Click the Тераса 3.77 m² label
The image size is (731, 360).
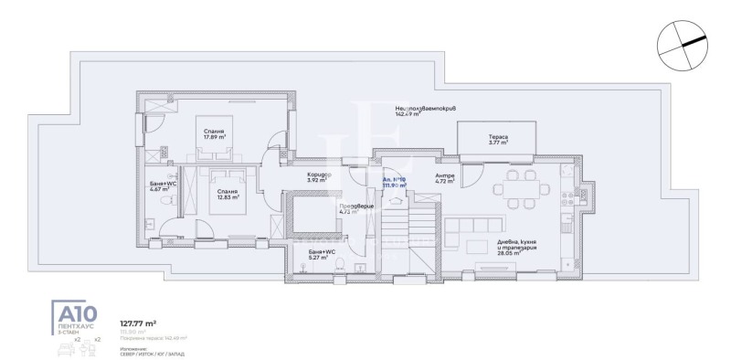click(x=497, y=139)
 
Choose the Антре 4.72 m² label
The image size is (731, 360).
click(x=444, y=178)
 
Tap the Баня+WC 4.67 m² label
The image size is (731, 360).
click(x=164, y=186)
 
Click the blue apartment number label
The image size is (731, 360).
click(x=395, y=182)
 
